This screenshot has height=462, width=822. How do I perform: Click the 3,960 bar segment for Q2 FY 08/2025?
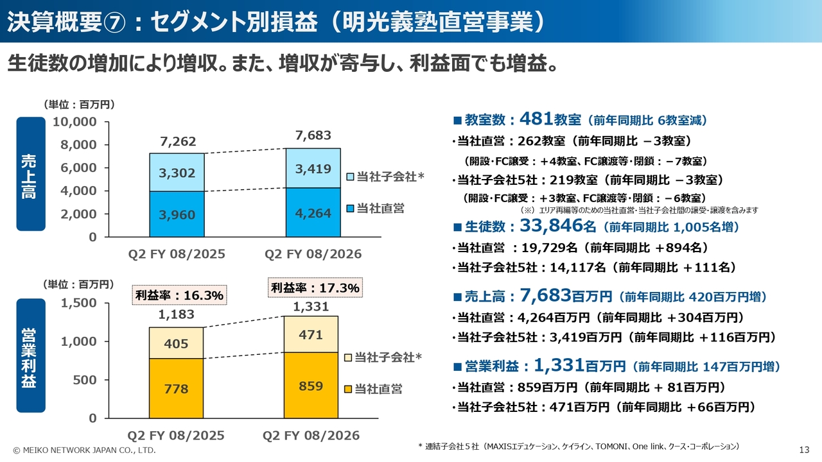click(x=177, y=214)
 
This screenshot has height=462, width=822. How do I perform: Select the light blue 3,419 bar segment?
click(x=313, y=168)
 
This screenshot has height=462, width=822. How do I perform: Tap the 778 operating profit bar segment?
click(x=176, y=388)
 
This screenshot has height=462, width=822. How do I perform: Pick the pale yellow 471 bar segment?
click(x=311, y=334)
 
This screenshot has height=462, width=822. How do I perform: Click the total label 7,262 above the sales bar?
click(x=177, y=142)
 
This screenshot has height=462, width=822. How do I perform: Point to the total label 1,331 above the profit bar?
click(x=311, y=307)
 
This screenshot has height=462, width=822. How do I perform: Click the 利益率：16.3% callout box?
click(x=179, y=295)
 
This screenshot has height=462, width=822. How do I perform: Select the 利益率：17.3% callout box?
click(x=315, y=287)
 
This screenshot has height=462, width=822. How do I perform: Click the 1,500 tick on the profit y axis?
click(x=78, y=303)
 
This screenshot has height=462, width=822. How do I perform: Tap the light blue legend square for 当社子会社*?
click(x=349, y=176)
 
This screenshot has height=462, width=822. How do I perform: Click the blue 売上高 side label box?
click(x=31, y=173)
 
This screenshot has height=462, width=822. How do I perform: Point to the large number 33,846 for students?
click(x=550, y=226)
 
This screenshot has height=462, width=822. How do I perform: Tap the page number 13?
click(x=803, y=449)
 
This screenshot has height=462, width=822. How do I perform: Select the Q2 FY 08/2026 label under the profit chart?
click(x=311, y=436)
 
